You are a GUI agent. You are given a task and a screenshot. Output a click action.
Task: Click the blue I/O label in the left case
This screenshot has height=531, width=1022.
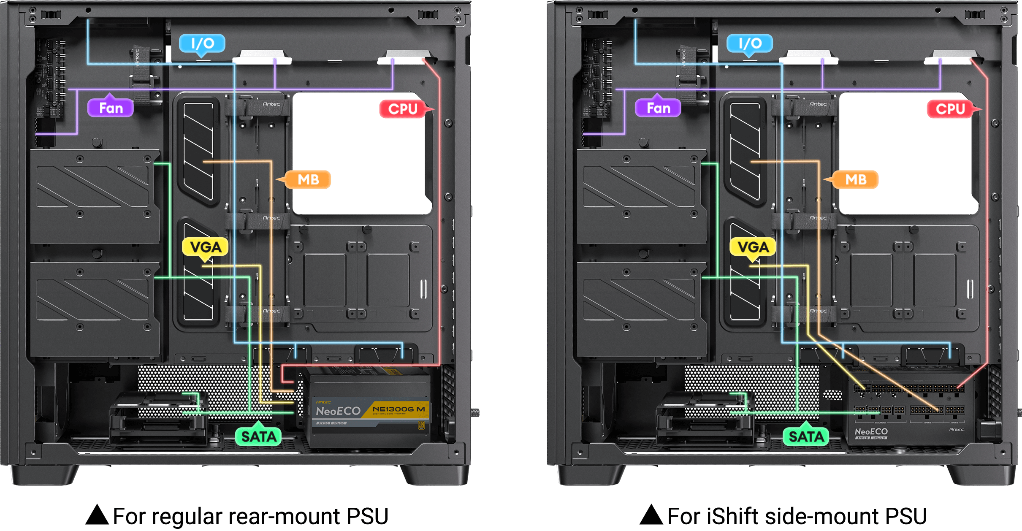[202, 43]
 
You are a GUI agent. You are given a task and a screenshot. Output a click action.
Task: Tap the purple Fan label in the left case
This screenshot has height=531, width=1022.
[111, 108]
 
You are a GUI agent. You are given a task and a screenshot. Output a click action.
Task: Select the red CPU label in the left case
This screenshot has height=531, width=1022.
[403, 109]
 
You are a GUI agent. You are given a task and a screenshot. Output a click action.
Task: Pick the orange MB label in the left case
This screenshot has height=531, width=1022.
[308, 180]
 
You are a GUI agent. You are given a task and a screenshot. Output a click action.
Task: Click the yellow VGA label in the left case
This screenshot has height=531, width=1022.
[206, 247]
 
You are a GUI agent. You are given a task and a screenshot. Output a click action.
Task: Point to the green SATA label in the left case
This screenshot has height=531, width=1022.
[258, 436]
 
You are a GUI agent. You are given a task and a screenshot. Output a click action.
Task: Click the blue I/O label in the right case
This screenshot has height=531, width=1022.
[750, 43]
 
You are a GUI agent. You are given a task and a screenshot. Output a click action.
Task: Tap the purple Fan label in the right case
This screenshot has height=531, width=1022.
[658, 108]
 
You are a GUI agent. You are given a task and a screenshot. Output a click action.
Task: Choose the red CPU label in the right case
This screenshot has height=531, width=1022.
[950, 109]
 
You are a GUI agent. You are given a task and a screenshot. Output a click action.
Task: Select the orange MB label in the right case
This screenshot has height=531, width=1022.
[856, 180]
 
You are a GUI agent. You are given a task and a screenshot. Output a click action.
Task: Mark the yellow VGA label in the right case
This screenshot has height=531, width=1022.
[753, 247]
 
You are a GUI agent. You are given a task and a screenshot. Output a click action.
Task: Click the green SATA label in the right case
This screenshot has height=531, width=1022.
[806, 436]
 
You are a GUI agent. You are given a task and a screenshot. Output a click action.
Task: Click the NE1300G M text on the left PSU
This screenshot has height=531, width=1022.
[398, 409]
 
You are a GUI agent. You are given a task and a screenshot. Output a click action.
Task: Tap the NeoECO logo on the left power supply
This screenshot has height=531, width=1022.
[338, 411]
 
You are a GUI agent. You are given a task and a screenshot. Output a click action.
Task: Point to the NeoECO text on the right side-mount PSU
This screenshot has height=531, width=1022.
[871, 431]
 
